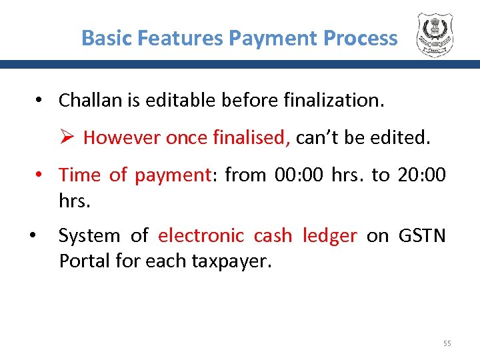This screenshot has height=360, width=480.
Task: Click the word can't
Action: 318,137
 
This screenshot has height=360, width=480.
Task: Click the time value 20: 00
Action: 421,175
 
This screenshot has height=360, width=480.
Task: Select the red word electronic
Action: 202,235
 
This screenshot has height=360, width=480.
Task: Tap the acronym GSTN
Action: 422,235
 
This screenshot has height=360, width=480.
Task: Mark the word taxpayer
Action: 231,261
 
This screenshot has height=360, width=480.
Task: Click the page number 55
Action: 447,343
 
